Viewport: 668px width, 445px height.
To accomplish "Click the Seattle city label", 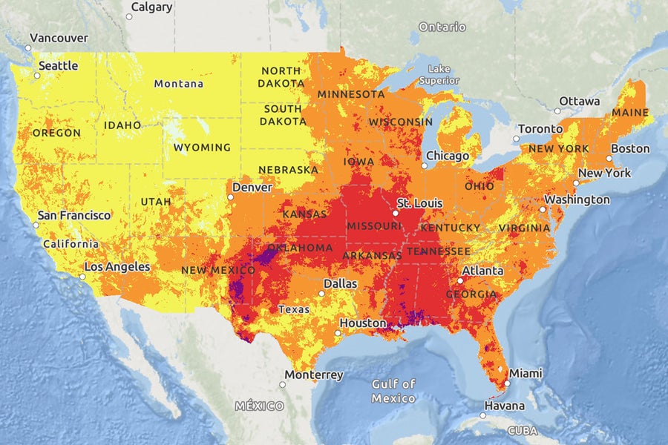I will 58,65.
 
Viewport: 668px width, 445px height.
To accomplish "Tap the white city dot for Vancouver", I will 28,48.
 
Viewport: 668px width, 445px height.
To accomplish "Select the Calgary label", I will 151,7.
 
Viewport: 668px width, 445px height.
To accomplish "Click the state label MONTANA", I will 178,84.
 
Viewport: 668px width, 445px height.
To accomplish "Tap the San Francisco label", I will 74,215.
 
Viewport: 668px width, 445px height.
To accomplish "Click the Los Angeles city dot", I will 82,277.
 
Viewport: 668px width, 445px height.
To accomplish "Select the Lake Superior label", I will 434,74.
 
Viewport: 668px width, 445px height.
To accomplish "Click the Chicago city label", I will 448,156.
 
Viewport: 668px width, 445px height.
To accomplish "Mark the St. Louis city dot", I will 396,213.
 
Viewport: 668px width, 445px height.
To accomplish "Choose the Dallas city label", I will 341,284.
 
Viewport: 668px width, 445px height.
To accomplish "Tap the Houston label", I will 363,323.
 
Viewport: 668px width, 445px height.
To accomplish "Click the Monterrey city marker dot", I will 282,384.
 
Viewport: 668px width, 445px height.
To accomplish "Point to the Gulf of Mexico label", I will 393,391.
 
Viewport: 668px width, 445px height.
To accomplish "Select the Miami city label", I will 525,373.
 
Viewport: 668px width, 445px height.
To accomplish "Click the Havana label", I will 505,406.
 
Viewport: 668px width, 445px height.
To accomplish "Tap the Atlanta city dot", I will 460,280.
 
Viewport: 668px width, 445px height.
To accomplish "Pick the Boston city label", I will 630,148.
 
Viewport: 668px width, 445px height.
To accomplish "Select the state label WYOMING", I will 202,148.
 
